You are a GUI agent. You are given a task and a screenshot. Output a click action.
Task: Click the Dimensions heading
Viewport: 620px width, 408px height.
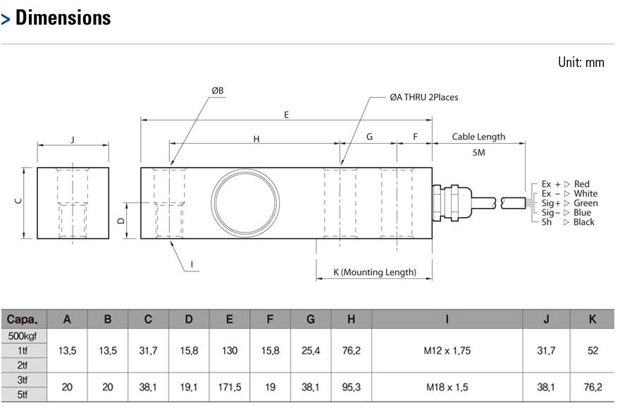63,18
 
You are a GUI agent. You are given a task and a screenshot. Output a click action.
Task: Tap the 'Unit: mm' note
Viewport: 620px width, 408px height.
581,62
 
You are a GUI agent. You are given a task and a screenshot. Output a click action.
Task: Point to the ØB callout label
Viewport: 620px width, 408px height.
218,90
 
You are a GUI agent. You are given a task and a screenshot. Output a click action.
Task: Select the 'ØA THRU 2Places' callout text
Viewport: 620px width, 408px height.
424,97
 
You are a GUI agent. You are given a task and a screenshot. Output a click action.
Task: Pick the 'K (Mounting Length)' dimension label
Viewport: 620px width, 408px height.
374,272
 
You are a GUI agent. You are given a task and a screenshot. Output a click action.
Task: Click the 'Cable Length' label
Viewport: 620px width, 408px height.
478,137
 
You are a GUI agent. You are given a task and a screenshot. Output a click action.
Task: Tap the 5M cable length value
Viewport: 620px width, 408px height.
478,152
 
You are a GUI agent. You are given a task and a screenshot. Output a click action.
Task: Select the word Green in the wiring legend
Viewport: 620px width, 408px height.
585,203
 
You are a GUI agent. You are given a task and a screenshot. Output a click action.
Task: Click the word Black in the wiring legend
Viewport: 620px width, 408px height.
583,222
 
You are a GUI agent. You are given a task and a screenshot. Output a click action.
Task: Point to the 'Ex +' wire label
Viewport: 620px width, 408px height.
551,184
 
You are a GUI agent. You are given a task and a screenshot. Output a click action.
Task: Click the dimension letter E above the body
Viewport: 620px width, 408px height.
286,115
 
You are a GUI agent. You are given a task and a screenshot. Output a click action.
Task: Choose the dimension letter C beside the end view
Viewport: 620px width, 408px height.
18,201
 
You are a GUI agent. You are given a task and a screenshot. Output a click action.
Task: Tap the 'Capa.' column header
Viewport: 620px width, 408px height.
22,319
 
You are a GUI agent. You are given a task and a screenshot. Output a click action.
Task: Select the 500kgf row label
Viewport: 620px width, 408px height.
23,336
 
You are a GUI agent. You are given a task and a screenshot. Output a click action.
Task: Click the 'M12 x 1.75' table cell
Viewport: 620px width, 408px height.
447,350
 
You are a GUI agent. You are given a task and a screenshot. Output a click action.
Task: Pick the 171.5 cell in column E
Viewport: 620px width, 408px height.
230,387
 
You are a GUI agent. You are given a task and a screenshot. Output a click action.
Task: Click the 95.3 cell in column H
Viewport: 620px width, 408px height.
351,387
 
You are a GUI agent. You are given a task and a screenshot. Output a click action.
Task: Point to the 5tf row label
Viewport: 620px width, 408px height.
23,394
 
